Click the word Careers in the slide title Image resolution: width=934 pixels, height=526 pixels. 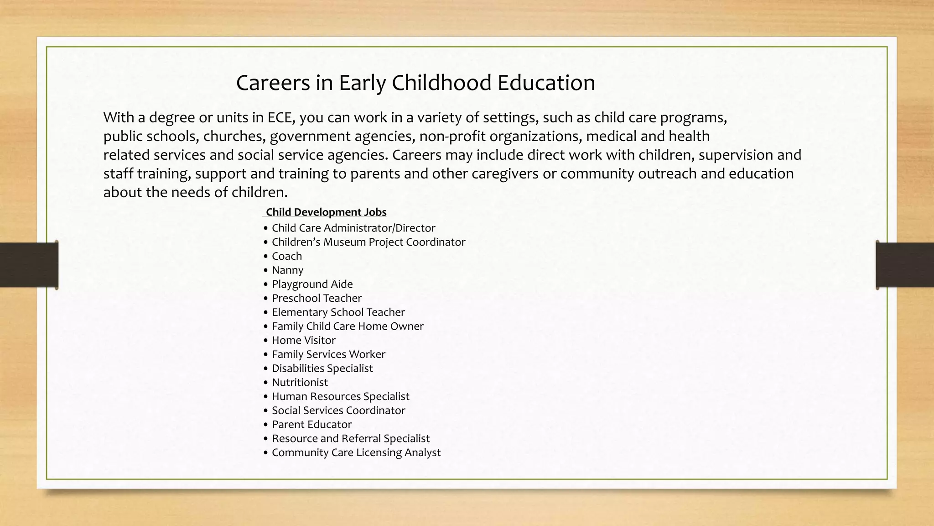(x=273, y=83)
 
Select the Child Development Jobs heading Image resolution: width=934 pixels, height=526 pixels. (x=326, y=212)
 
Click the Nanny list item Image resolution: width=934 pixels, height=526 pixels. (x=287, y=270)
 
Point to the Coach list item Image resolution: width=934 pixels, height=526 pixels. (x=287, y=256)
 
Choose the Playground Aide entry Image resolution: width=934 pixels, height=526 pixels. (x=312, y=284)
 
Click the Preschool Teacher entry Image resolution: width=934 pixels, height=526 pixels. (x=317, y=298)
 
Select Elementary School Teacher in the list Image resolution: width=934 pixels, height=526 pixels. (x=338, y=312)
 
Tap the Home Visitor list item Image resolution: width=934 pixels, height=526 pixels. (x=303, y=340)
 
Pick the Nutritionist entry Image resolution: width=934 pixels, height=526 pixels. (x=300, y=382)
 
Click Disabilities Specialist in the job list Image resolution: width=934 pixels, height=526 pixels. (x=322, y=368)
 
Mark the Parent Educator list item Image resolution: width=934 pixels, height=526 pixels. (x=311, y=425)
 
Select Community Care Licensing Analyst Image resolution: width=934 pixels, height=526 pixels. (x=356, y=452)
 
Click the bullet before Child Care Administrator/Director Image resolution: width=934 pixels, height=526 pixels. (x=266, y=228)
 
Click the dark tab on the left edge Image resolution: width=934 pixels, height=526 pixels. (x=29, y=265)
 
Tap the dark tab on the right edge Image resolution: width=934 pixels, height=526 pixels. (x=905, y=265)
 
